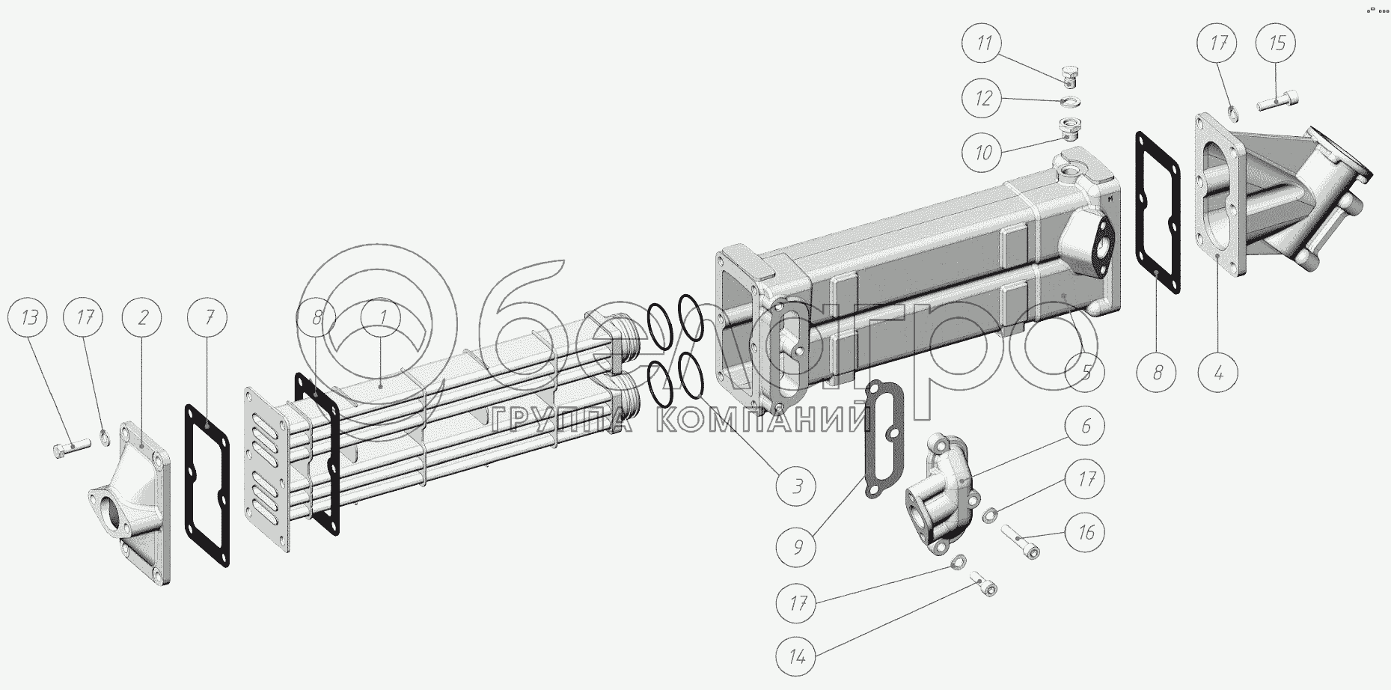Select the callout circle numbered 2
click(x=144, y=318)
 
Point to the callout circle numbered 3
click(x=798, y=486)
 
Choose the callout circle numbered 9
click(x=798, y=548)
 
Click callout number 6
click(x=1086, y=427)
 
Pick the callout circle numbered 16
click(x=1086, y=532)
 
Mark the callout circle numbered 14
click(x=798, y=658)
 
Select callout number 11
click(x=984, y=43)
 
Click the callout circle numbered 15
click(x=1277, y=43)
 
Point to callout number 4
click(x=1219, y=372)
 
